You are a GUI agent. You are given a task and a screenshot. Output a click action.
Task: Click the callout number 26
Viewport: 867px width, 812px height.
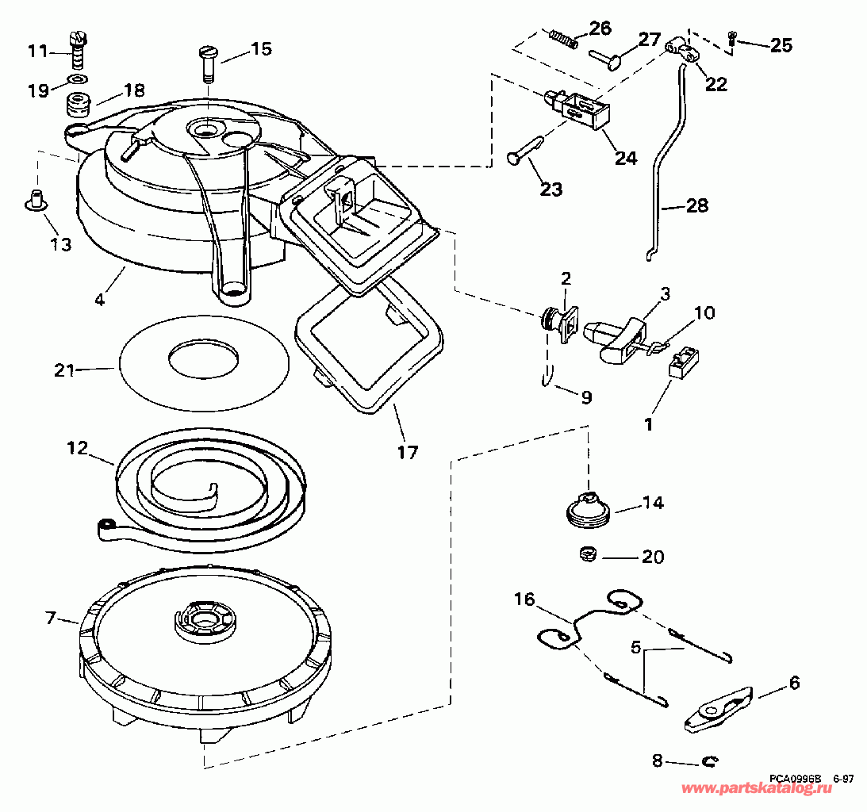[600, 29]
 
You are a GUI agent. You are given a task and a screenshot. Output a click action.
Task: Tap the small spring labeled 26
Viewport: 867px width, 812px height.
[562, 37]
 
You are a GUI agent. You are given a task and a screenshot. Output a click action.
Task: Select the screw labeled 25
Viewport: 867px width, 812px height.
[732, 38]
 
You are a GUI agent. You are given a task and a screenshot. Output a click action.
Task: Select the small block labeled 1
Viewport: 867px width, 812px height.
[682, 364]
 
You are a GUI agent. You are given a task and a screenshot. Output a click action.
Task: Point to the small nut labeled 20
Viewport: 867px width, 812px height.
[587, 553]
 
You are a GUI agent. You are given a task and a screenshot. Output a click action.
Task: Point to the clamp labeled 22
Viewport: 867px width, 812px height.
[684, 51]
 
